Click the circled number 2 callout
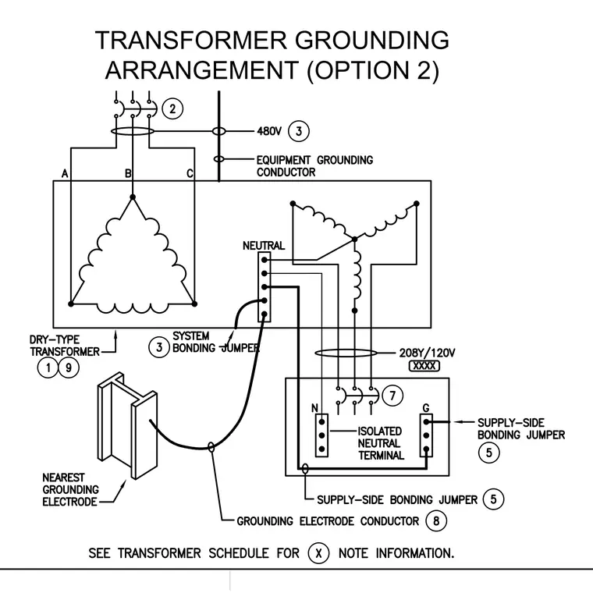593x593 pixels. click(x=173, y=109)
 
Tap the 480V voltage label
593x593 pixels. click(x=269, y=131)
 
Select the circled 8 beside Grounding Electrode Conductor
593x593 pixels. click(x=436, y=521)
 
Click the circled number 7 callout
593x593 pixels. click(x=392, y=396)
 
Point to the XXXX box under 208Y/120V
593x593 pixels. click(x=424, y=366)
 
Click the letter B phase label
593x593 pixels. click(x=128, y=173)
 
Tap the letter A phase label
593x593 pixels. click(x=65, y=173)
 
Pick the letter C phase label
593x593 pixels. click(x=190, y=173)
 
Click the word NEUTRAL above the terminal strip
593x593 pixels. click(x=264, y=246)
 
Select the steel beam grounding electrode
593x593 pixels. click(x=127, y=425)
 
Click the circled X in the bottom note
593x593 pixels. click(x=318, y=553)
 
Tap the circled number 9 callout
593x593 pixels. click(x=69, y=368)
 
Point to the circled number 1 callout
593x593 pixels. click(x=48, y=368)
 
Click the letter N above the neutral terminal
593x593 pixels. click(x=314, y=408)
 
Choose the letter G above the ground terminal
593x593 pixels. click(x=426, y=408)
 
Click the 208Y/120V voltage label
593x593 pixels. click(x=427, y=353)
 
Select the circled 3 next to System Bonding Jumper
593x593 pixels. click(x=159, y=347)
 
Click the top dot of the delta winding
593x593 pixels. click(x=133, y=197)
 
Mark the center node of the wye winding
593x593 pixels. click(x=354, y=239)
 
